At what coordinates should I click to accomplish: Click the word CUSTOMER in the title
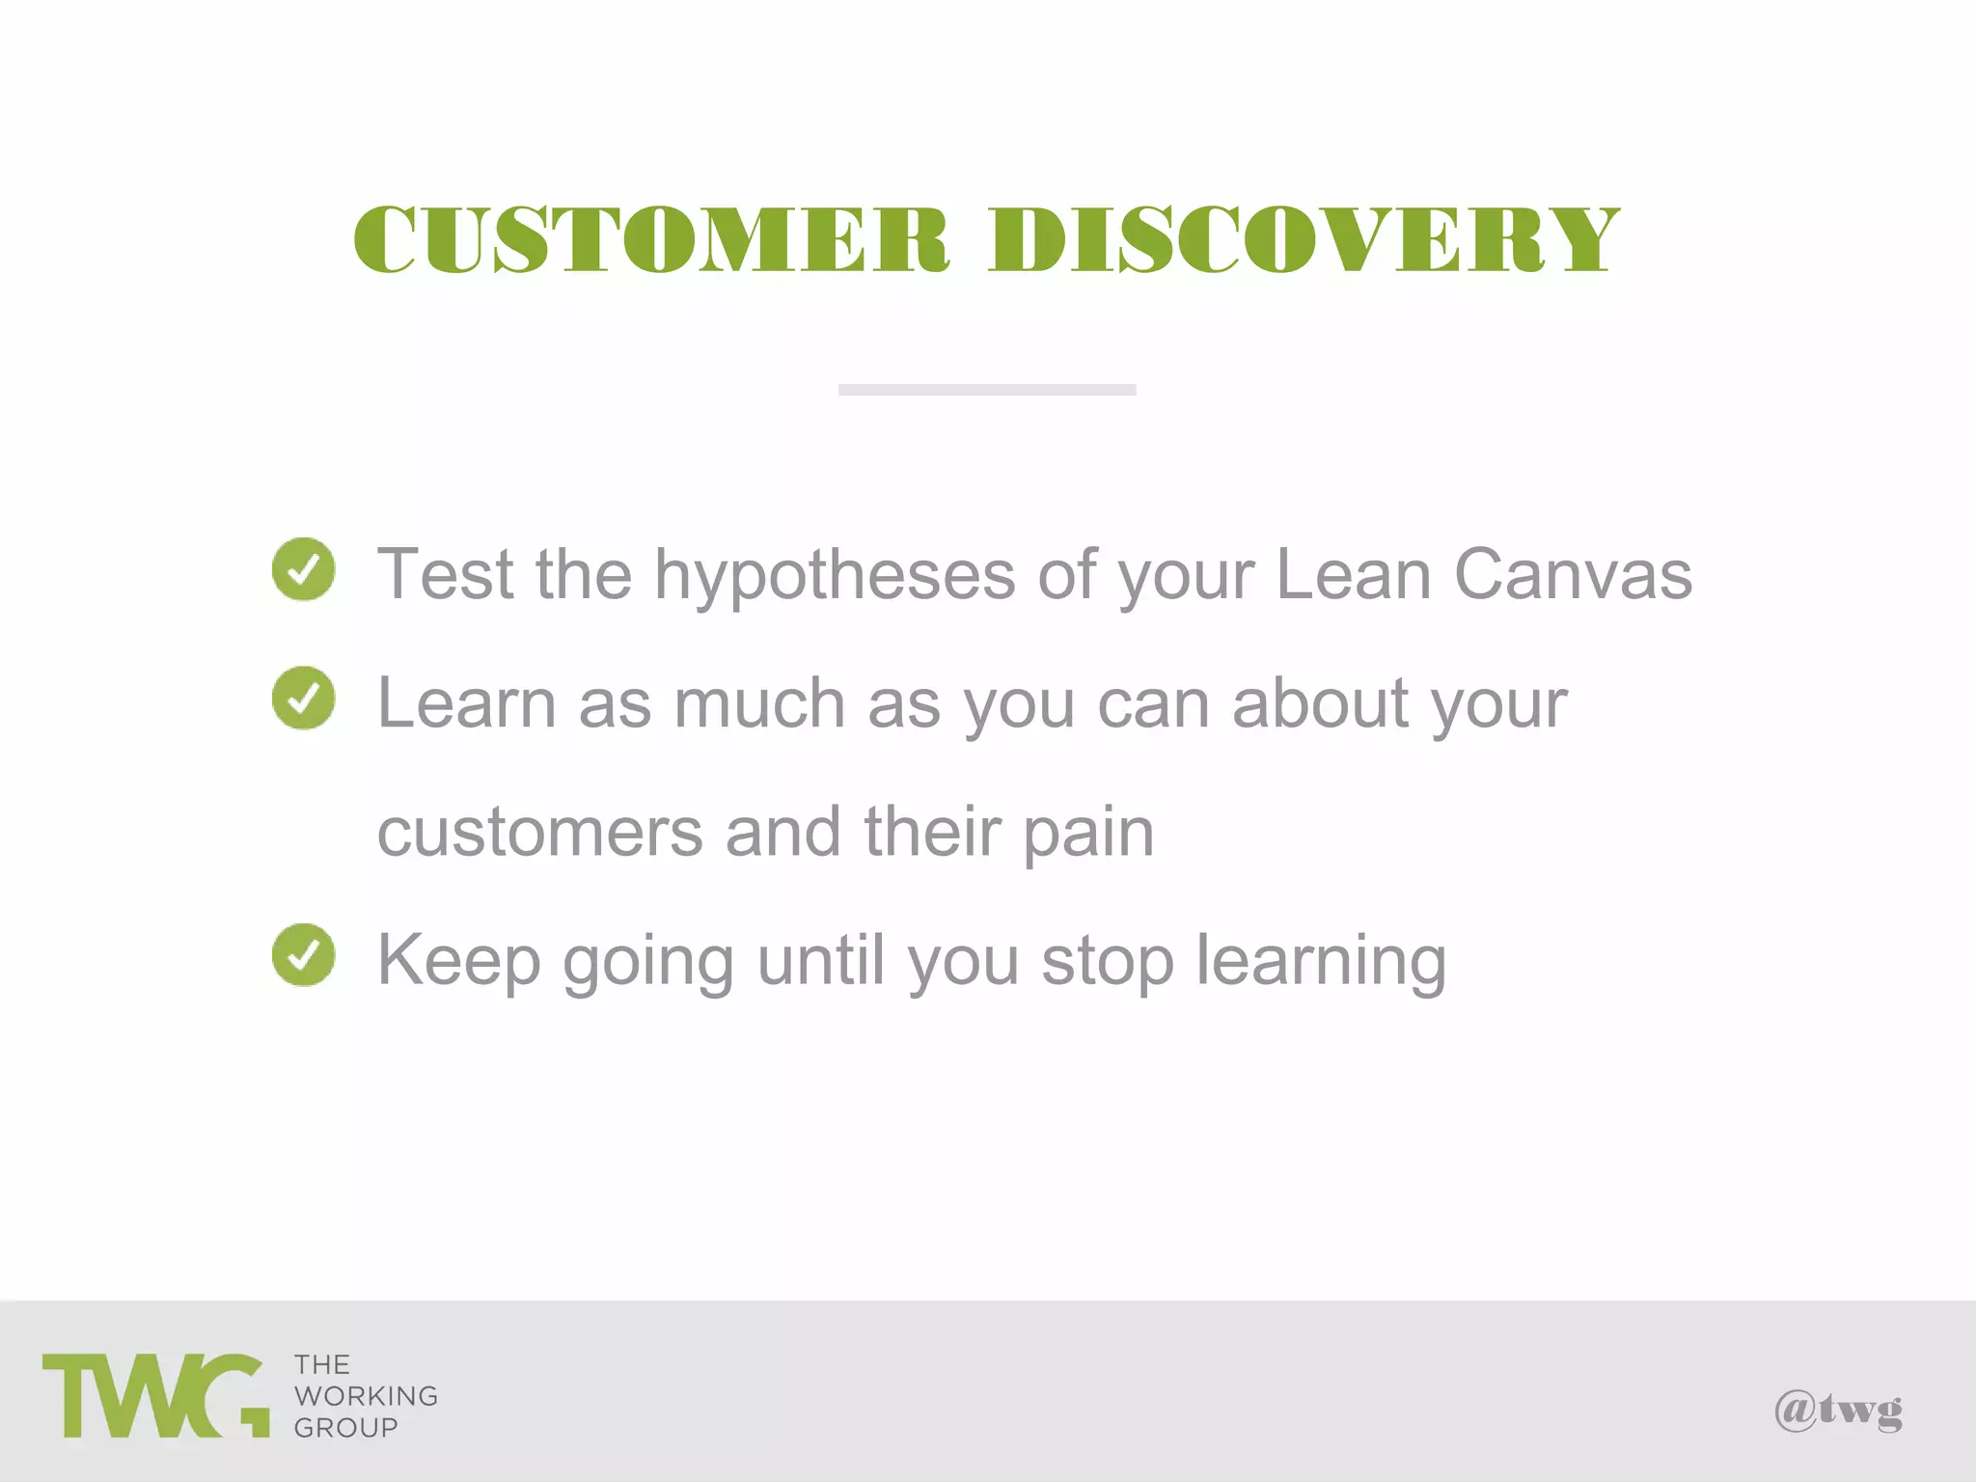click(x=652, y=239)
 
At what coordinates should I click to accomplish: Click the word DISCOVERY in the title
click(x=1303, y=239)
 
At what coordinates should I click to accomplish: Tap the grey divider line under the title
click(x=987, y=390)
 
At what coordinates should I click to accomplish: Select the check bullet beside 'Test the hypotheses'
click(x=304, y=569)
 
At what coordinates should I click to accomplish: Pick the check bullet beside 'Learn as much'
click(x=304, y=698)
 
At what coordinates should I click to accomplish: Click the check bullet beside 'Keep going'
click(x=304, y=955)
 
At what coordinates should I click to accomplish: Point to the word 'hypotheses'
click(x=835, y=577)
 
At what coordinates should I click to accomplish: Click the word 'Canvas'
click(x=1573, y=575)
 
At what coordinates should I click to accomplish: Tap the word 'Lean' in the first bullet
click(x=1353, y=575)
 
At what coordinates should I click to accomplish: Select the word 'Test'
click(x=445, y=575)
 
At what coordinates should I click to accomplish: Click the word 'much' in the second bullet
click(x=759, y=703)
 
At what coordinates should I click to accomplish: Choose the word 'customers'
click(x=540, y=833)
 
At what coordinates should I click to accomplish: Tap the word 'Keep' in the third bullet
click(x=458, y=961)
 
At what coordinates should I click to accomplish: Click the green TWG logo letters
click(x=155, y=1395)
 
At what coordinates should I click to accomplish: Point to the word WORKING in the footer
click(x=366, y=1396)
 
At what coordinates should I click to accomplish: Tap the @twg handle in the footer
click(x=1838, y=1413)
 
